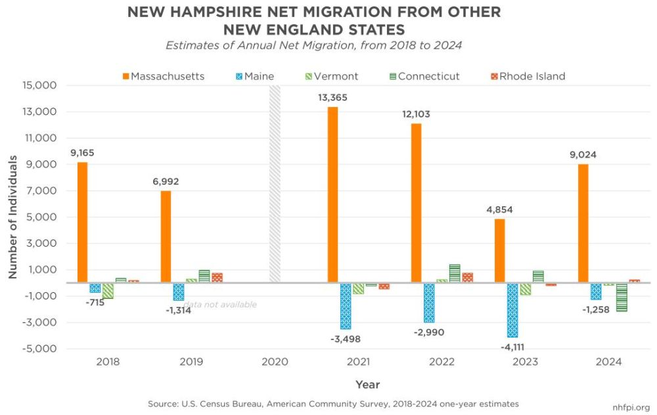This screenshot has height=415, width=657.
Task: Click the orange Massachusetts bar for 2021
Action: [x=333, y=194]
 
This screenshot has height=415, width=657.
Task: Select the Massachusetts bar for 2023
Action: [x=500, y=250]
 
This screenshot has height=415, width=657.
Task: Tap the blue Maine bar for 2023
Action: [x=512, y=310]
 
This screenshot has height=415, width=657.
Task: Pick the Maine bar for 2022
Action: [x=429, y=303]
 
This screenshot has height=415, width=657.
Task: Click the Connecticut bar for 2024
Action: [x=621, y=297]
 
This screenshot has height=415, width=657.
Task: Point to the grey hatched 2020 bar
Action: [x=275, y=184]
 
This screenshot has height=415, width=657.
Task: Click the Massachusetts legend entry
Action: [x=164, y=76]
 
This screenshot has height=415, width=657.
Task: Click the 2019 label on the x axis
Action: [x=191, y=362]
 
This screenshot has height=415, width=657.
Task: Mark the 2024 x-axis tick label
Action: [x=608, y=362]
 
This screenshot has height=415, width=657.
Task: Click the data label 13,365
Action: [x=332, y=97]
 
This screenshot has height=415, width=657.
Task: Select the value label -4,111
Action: [x=512, y=347]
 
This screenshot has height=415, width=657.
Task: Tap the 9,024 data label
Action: [x=583, y=155]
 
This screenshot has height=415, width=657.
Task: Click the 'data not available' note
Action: [x=220, y=305]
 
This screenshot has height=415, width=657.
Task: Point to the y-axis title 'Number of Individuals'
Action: [x=12, y=217]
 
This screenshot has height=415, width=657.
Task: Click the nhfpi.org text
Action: [x=632, y=407]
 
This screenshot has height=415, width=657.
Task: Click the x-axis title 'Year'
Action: [x=367, y=384]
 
